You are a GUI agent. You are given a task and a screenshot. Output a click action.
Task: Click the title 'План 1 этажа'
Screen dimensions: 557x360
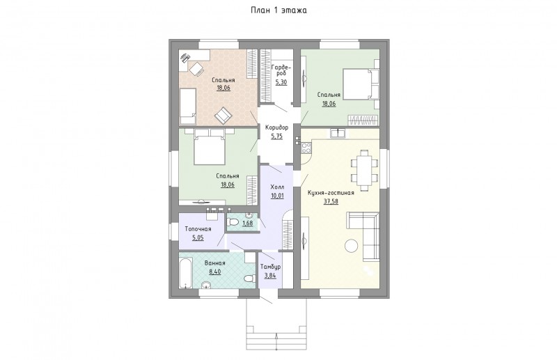point(278,10)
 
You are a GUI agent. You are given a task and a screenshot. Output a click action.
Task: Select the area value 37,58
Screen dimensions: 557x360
point(331,201)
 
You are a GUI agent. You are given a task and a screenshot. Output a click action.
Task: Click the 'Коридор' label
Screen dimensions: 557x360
point(276,127)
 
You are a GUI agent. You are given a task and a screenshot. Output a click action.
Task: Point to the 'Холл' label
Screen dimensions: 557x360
point(277,187)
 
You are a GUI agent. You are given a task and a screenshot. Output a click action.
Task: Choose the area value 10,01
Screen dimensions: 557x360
point(277,196)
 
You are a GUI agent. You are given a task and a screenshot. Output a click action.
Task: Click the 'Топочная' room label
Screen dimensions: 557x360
point(198,229)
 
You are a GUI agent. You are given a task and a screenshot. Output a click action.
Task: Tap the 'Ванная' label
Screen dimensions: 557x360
point(215,263)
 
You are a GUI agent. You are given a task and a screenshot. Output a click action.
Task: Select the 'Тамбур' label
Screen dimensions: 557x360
point(270,267)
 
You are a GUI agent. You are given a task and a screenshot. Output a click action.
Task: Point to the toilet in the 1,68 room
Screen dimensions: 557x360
point(233,222)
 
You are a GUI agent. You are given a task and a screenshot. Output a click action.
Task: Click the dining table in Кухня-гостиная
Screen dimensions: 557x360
point(364,170)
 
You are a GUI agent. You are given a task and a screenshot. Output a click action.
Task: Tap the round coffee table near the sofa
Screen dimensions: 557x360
point(352,246)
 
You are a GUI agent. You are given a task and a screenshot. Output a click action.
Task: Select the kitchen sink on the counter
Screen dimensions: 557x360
point(338,132)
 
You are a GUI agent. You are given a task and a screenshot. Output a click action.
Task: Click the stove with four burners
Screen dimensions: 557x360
point(306,148)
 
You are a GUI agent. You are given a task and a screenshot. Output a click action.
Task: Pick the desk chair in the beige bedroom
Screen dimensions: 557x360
point(196,69)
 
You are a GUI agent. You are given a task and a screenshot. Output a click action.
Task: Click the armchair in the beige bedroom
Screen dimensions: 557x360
point(223,115)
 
